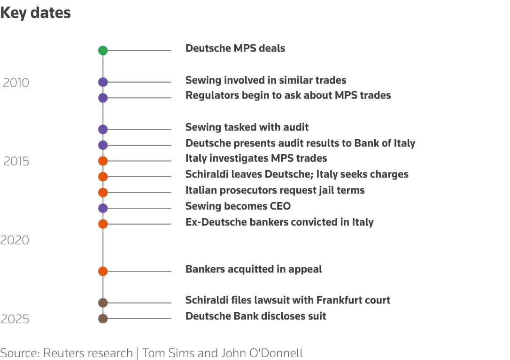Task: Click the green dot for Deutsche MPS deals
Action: [103, 51]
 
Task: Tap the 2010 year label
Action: [16, 83]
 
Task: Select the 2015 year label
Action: [16, 162]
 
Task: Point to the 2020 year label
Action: [15, 241]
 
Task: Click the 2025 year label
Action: [15, 320]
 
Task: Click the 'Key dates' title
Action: [36, 13]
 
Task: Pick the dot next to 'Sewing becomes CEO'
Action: [103, 208]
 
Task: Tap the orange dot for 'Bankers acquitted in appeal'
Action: [103, 271]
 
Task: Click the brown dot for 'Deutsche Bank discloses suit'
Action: [103, 319]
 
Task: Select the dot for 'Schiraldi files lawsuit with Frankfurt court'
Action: [103, 303]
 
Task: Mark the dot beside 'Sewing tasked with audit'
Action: [103, 129]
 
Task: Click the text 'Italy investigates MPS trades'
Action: [256, 158]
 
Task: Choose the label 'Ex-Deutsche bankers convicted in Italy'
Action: [279, 222]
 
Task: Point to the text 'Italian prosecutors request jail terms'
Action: [275, 190]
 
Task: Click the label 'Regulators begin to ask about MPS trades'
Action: [288, 95]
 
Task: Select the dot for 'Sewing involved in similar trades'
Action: [103, 82]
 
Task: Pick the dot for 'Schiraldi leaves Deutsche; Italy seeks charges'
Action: [103, 177]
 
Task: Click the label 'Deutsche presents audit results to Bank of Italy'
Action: [300, 143]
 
